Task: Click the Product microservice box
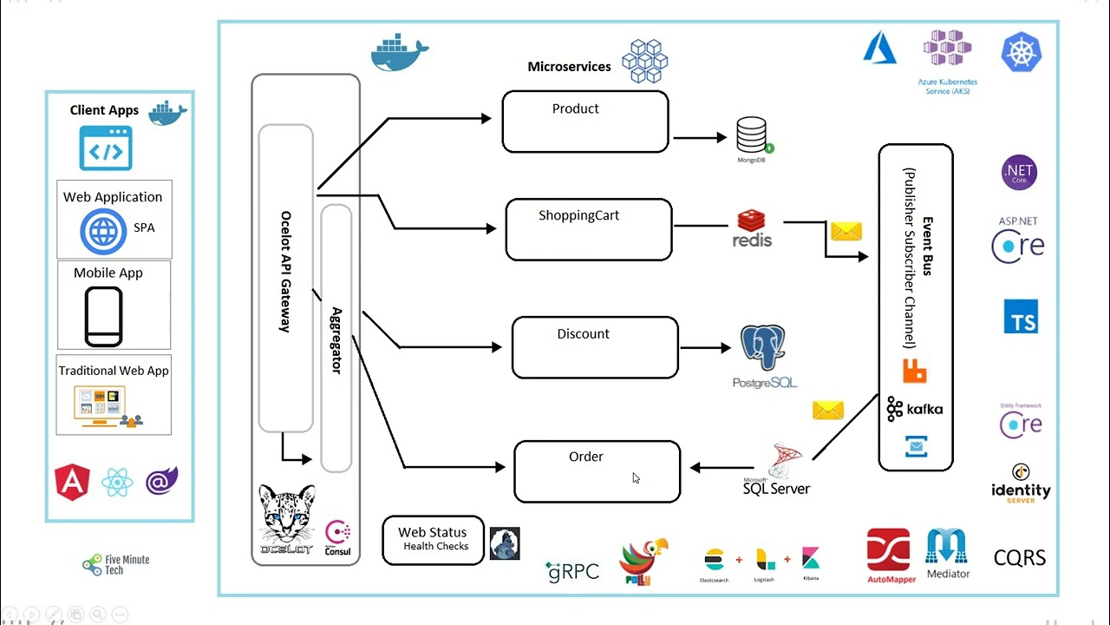(x=585, y=122)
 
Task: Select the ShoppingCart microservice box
(x=589, y=229)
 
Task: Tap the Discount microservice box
(x=595, y=347)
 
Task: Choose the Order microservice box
(x=597, y=471)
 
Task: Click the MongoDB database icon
(x=752, y=136)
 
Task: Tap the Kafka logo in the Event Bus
(x=915, y=409)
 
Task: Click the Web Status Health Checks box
(x=433, y=539)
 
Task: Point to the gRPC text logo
(x=572, y=570)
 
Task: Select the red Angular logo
(x=72, y=481)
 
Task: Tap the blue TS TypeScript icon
(x=1021, y=317)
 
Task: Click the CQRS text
(x=1020, y=557)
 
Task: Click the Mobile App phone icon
(x=103, y=317)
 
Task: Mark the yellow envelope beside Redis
(x=846, y=231)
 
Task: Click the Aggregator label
(x=336, y=339)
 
